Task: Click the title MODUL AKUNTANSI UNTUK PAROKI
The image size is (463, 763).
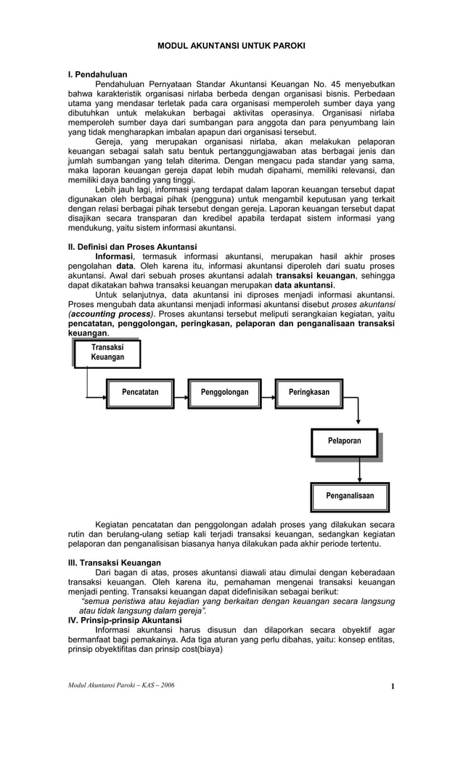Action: [x=231, y=46]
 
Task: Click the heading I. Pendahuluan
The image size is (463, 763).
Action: [x=97, y=74]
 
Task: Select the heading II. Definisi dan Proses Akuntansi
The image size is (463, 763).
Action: [x=132, y=247]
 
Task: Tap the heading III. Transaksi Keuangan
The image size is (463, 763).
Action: [x=114, y=563]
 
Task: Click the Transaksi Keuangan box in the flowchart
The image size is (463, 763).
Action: [x=107, y=353]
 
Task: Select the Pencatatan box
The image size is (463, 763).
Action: [x=140, y=393]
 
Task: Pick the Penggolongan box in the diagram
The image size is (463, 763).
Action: [x=224, y=393]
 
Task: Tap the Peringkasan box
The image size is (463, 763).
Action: [x=308, y=393]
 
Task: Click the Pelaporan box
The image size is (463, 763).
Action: [x=345, y=441]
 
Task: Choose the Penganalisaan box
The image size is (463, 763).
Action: [x=350, y=496]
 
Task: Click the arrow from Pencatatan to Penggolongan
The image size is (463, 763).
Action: [x=181, y=393]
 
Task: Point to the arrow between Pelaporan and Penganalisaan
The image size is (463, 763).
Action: [x=360, y=469]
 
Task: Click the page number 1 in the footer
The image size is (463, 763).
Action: [x=392, y=687]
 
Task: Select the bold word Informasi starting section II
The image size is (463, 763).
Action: [x=114, y=257]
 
